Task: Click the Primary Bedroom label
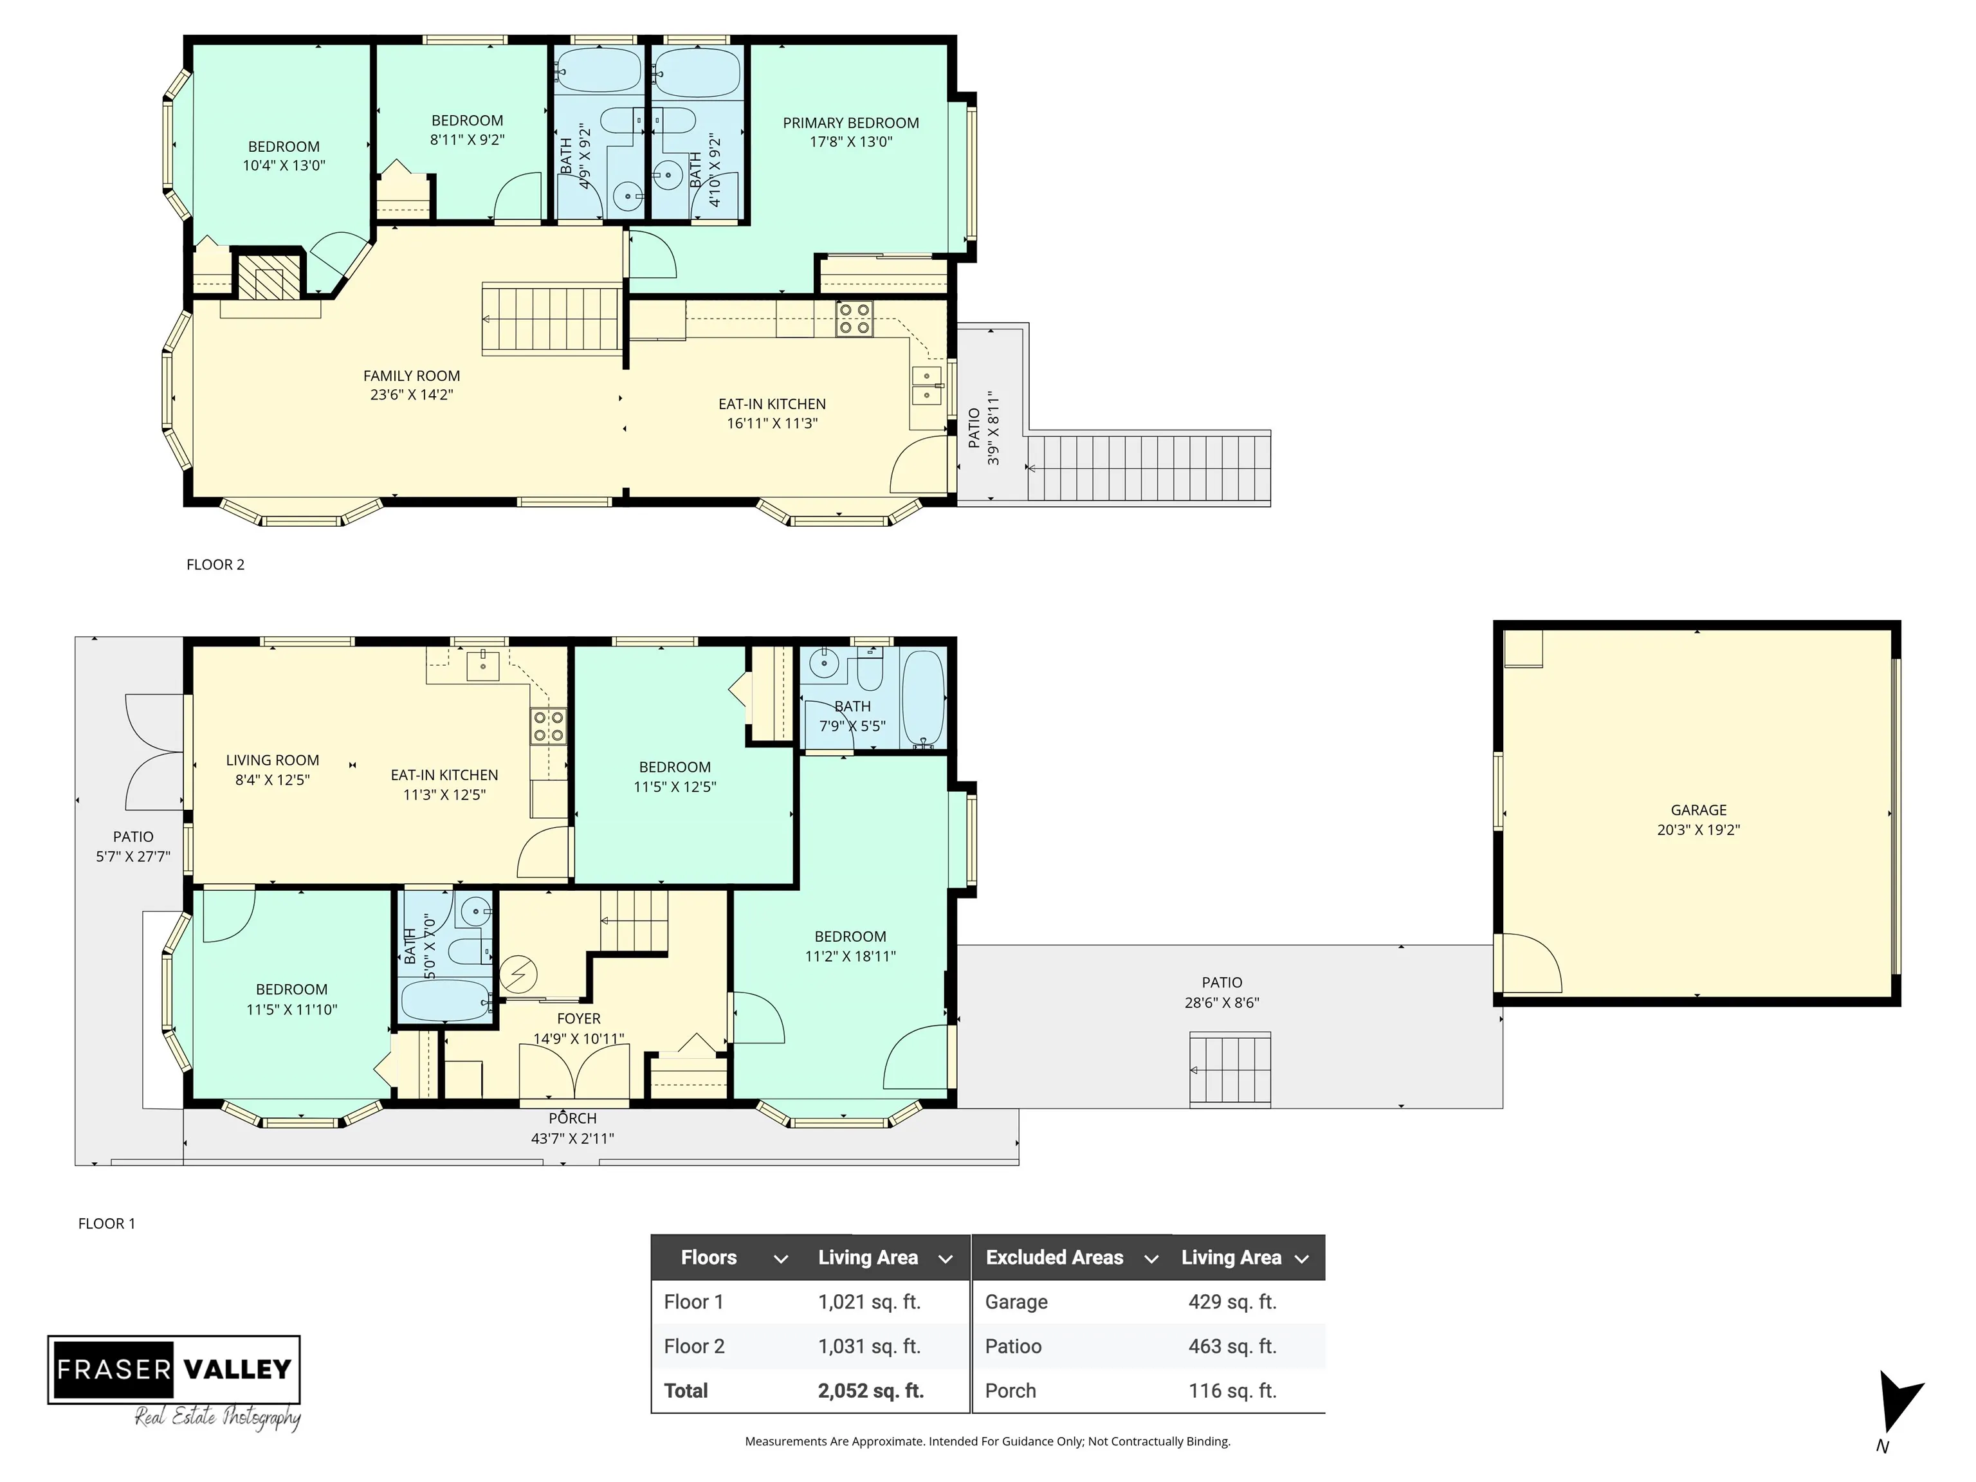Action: tap(850, 123)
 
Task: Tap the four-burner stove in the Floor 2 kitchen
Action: tap(854, 320)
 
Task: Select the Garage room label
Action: tap(1698, 810)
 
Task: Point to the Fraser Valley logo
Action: tap(174, 1381)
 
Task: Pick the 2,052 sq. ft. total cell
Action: tap(871, 1391)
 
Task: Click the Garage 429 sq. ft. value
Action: tap(1233, 1301)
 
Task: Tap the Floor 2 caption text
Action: tap(215, 565)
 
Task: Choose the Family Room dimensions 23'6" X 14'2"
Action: tap(412, 395)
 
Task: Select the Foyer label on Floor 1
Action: tap(579, 1018)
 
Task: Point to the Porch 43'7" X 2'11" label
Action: tap(572, 1128)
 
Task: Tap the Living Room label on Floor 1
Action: tap(273, 760)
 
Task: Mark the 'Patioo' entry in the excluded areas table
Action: tap(1013, 1346)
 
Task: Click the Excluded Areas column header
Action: tap(1054, 1258)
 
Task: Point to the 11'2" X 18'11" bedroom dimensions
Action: tap(850, 956)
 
